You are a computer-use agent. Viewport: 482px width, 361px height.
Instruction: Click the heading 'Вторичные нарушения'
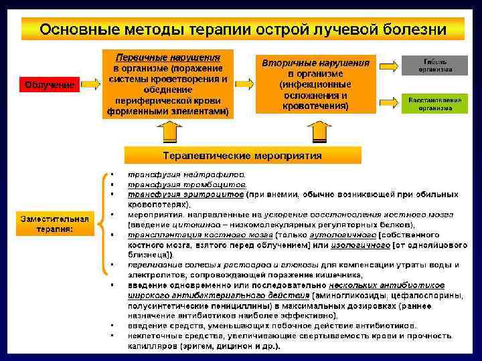(315, 63)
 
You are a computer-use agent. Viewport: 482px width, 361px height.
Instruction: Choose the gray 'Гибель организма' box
(435, 65)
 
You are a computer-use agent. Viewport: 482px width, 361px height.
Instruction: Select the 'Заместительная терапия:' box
(54, 224)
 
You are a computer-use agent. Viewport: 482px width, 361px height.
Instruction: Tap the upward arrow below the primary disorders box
(171, 132)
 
